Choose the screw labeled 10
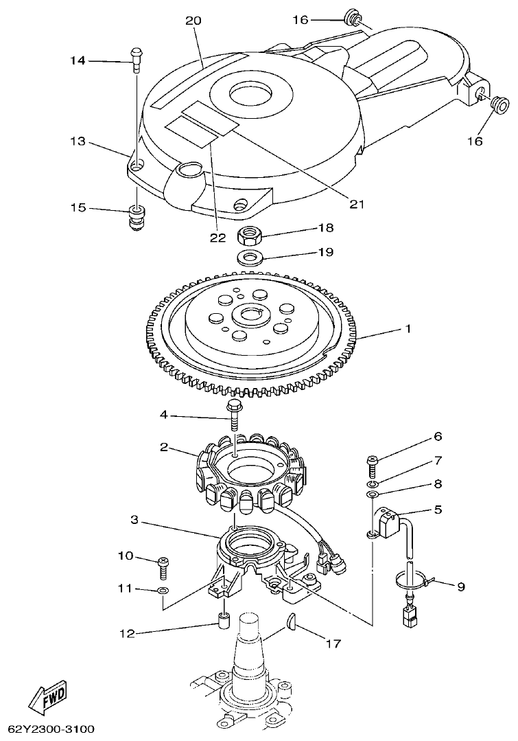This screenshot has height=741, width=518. (163, 564)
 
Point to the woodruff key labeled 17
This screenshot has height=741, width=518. (290, 622)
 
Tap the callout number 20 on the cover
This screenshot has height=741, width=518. (193, 21)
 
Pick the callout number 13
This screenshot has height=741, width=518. (77, 141)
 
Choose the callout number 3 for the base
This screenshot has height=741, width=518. (135, 521)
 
